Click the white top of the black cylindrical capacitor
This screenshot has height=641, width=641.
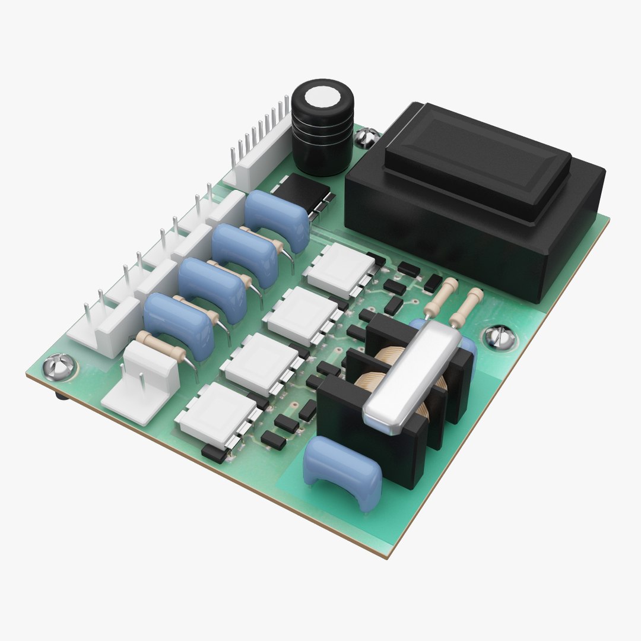(x=322, y=94)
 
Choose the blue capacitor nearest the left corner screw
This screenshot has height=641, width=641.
(x=178, y=323)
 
